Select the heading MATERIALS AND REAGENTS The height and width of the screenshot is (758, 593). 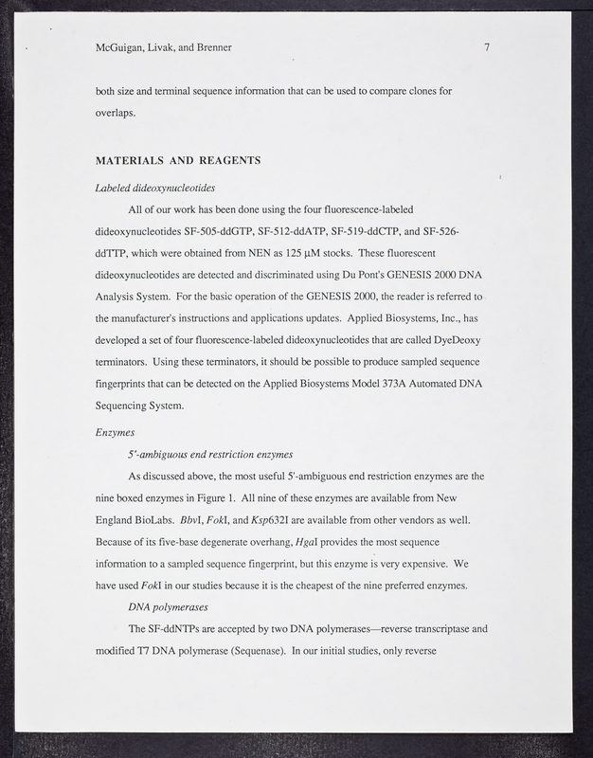(178, 159)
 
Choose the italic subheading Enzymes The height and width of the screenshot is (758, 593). (115, 431)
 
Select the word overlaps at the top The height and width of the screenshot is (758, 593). (117, 115)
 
